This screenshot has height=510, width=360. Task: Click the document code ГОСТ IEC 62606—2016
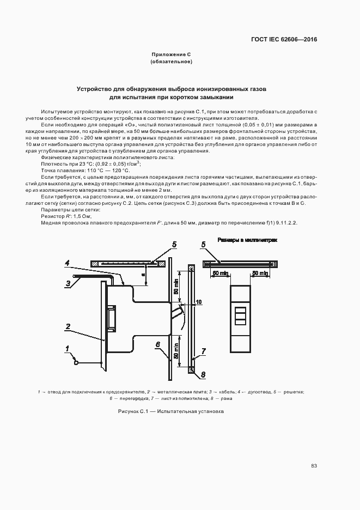click(x=284, y=40)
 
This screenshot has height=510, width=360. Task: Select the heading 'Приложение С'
click(x=170, y=54)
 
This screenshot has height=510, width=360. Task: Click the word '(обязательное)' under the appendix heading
click(x=170, y=62)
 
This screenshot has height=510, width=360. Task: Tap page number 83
click(x=314, y=465)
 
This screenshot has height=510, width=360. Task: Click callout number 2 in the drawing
click(x=68, y=327)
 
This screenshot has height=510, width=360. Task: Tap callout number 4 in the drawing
click(x=67, y=264)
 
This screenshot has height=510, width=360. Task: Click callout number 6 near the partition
click(x=157, y=344)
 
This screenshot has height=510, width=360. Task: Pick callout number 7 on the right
click(x=203, y=351)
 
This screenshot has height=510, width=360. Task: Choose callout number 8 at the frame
click(x=203, y=375)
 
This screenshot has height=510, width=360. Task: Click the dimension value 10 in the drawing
click(x=198, y=301)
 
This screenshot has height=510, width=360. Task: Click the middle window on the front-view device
click(x=240, y=315)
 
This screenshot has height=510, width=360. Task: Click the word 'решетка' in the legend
click(x=292, y=391)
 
